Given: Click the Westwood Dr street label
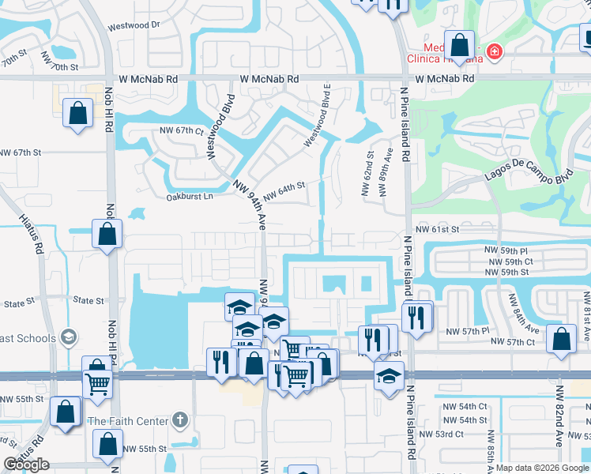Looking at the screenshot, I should [x=134, y=25].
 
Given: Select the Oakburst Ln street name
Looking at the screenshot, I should [x=190, y=197].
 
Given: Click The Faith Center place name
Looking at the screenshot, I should [x=129, y=421].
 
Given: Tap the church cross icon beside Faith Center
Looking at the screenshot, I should [x=180, y=419].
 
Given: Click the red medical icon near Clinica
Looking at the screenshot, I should [x=495, y=51].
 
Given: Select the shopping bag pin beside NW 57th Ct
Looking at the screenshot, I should [x=561, y=339].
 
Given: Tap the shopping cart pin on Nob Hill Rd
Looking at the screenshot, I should [x=98, y=383].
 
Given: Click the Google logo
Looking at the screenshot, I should [x=26, y=465].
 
